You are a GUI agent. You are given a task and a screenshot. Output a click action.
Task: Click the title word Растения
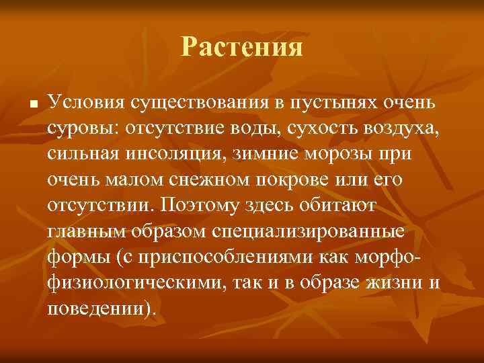[x=242, y=48]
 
